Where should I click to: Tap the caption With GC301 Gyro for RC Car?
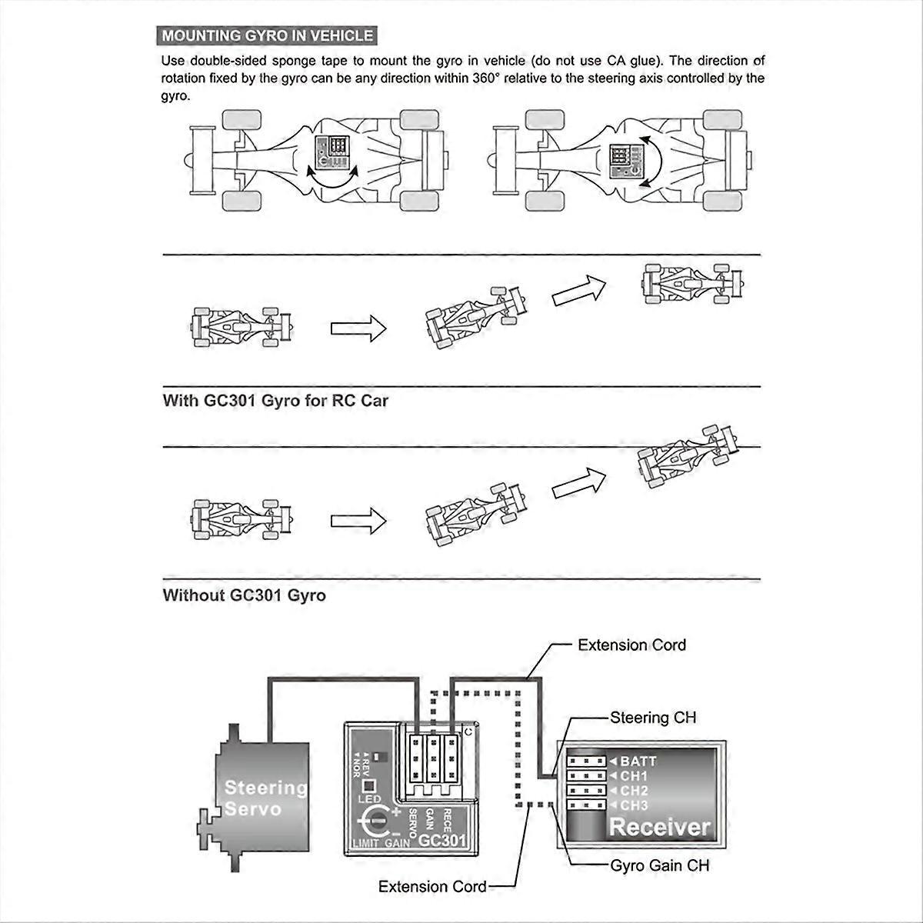[x=275, y=401]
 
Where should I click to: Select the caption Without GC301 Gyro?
[x=244, y=595]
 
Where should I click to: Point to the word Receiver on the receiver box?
[x=659, y=828]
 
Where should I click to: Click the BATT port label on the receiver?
[x=638, y=761]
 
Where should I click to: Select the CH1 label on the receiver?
[x=635, y=776]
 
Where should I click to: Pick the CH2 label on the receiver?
[x=635, y=791]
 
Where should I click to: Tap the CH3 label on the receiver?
[x=635, y=805]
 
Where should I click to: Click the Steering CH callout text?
[x=653, y=718]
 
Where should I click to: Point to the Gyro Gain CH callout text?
[x=660, y=865]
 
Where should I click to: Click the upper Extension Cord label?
[x=631, y=645]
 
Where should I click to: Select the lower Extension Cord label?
[x=432, y=887]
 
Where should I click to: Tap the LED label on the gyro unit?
[x=369, y=799]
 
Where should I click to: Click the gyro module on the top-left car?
[x=333, y=149]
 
